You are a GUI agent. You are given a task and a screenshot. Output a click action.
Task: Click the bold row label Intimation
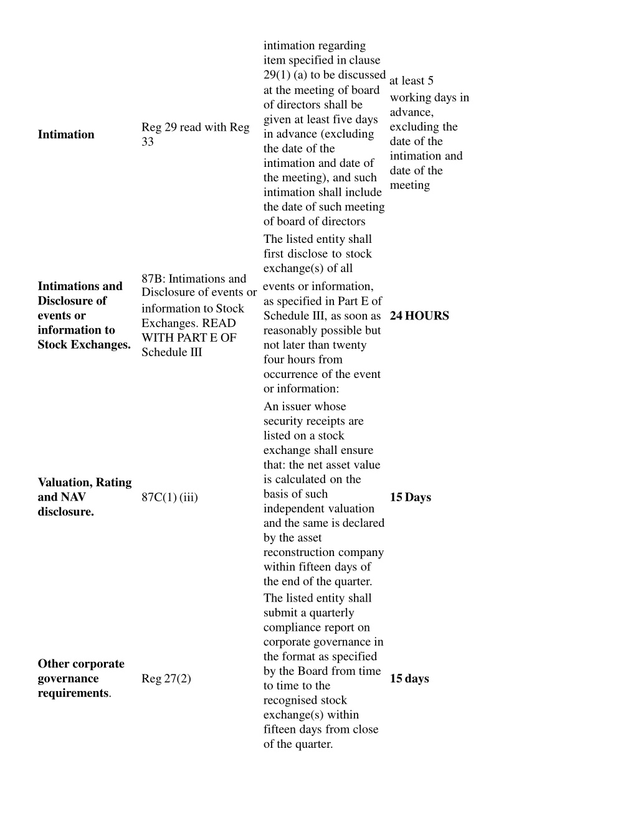(x=66, y=134)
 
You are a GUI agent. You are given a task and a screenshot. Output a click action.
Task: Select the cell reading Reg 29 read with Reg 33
(x=195, y=134)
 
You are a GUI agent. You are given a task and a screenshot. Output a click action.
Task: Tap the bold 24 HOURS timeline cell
(x=419, y=316)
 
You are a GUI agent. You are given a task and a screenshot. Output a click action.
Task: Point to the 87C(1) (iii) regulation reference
(x=169, y=497)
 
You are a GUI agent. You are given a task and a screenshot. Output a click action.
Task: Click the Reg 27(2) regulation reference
(x=166, y=679)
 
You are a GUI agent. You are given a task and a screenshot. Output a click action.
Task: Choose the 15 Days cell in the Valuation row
(x=410, y=497)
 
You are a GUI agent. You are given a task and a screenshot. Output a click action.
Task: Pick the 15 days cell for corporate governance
(x=409, y=679)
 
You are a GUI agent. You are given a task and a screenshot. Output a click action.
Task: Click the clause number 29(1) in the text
(x=277, y=75)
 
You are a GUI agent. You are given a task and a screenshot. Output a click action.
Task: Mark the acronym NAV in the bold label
(x=72, y=497)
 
